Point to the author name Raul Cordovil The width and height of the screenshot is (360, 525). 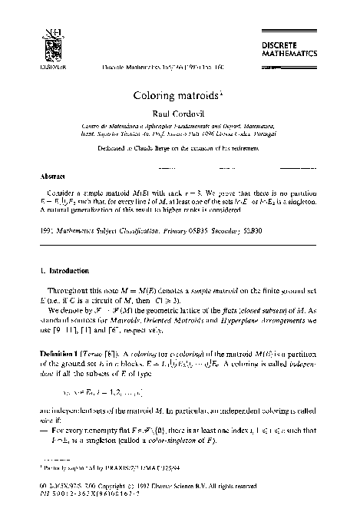(x=180, y=112)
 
